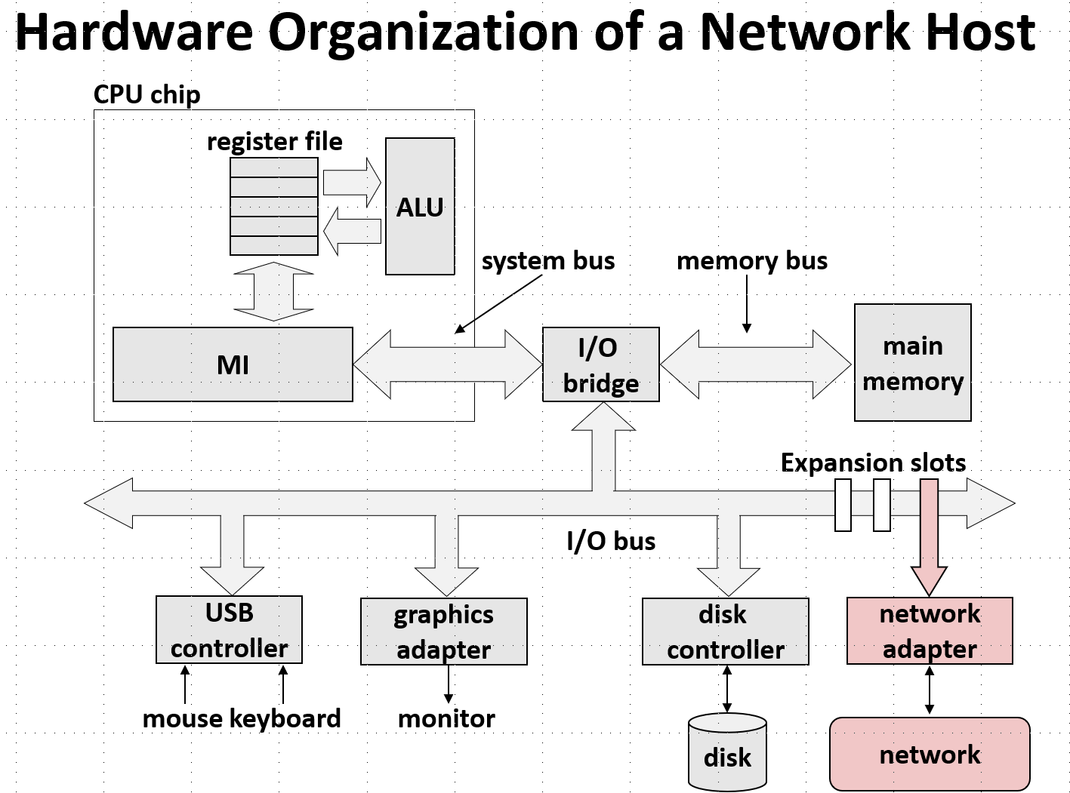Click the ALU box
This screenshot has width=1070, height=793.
click(x=420, y=206)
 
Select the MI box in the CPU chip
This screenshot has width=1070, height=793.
click(x=233, y=364)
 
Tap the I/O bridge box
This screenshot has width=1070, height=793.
click(x=600, y=364)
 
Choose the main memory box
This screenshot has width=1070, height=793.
click(x=912, y=362)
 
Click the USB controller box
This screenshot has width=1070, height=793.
click(x=229, y=630)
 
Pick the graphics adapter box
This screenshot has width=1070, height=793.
click(x=443, y=632)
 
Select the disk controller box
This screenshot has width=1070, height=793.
click(x=725, y=632)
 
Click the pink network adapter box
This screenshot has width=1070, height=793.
click(x=930, y=631)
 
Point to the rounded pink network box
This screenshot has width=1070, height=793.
click(x=930, y=754)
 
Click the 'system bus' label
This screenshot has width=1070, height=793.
click(x=548, y=261)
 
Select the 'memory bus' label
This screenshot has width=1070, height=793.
click(x=752, y=261)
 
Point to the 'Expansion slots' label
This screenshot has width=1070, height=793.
click(x=873, y=463)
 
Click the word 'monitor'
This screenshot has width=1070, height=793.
click(x=446, y=718)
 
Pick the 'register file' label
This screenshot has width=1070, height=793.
click(x=275, y=142)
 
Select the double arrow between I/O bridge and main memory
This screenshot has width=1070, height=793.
click(x=756, y=364)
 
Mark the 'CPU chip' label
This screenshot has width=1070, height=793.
click(x=147, y=95)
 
